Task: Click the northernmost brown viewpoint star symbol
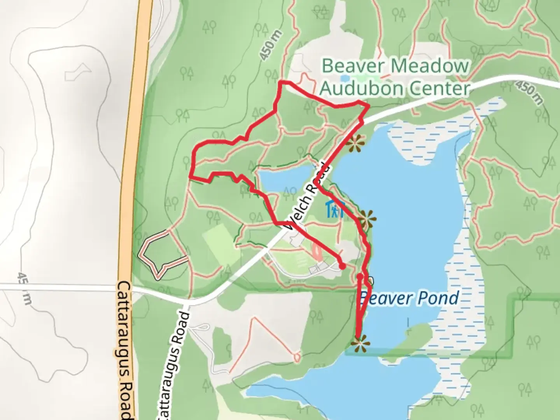[355, 144]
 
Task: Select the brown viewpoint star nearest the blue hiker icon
[366, 219]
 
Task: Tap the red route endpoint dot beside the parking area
[342, 266]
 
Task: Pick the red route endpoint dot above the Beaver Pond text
[360, 277]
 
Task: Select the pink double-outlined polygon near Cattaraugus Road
[162, 254]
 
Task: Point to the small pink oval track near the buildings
[317, 253]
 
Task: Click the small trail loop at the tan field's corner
[297, 357]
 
